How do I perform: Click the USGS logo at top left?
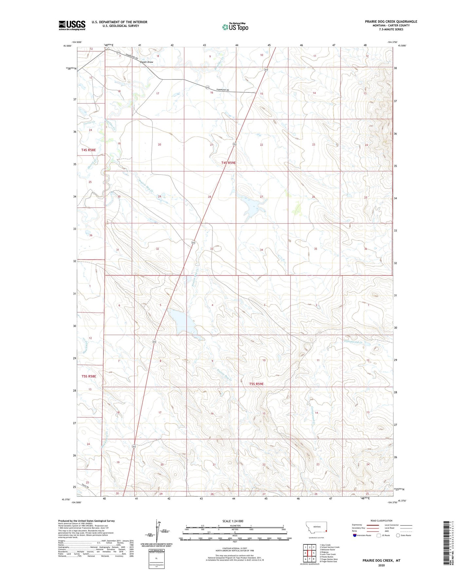(x=72, y=25)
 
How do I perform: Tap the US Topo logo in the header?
(x=235, y=27)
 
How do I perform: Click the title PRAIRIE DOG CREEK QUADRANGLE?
(x=391, y=22)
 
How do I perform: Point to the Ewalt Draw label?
(x=147, y=62)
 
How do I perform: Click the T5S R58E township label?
(x=89, y=376)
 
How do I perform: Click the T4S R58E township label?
(x=89, y=150)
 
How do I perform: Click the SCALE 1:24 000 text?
(x=233, y=521)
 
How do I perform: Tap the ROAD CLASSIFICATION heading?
(x=381, y=521)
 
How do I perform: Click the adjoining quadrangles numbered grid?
(x=309, y=553)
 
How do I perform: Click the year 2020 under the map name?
(x=381, y=565)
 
